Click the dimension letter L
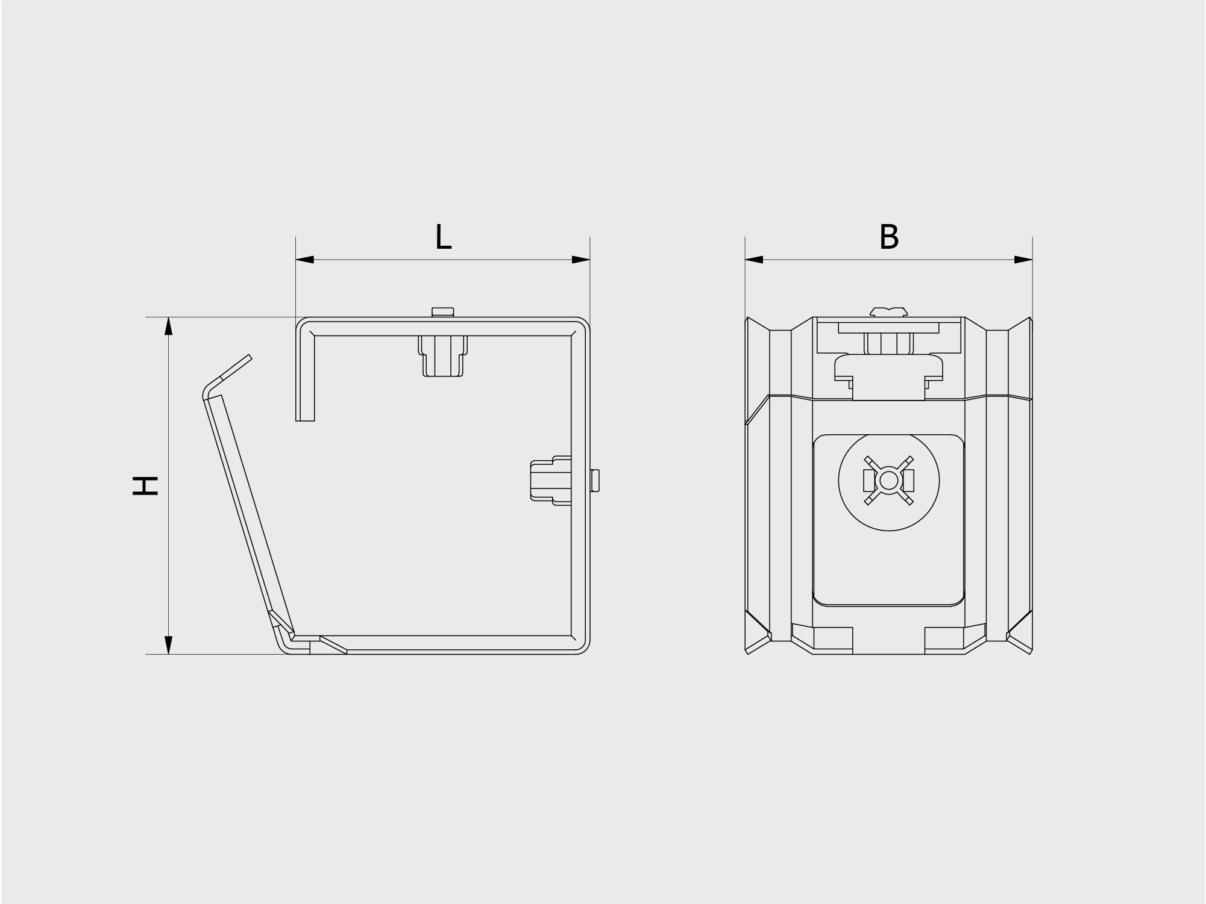(x=443, y=237)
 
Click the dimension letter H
(x=145, y=485)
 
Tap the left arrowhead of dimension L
(x=305, y=260)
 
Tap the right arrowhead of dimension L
(x=580, y=260)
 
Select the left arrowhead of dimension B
(x=754, y=260)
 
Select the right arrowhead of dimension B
(x=1023, y=260)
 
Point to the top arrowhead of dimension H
(x=169, y=326)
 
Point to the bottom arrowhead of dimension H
(x=169, y=644)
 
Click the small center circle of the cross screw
(x=888, y=481)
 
